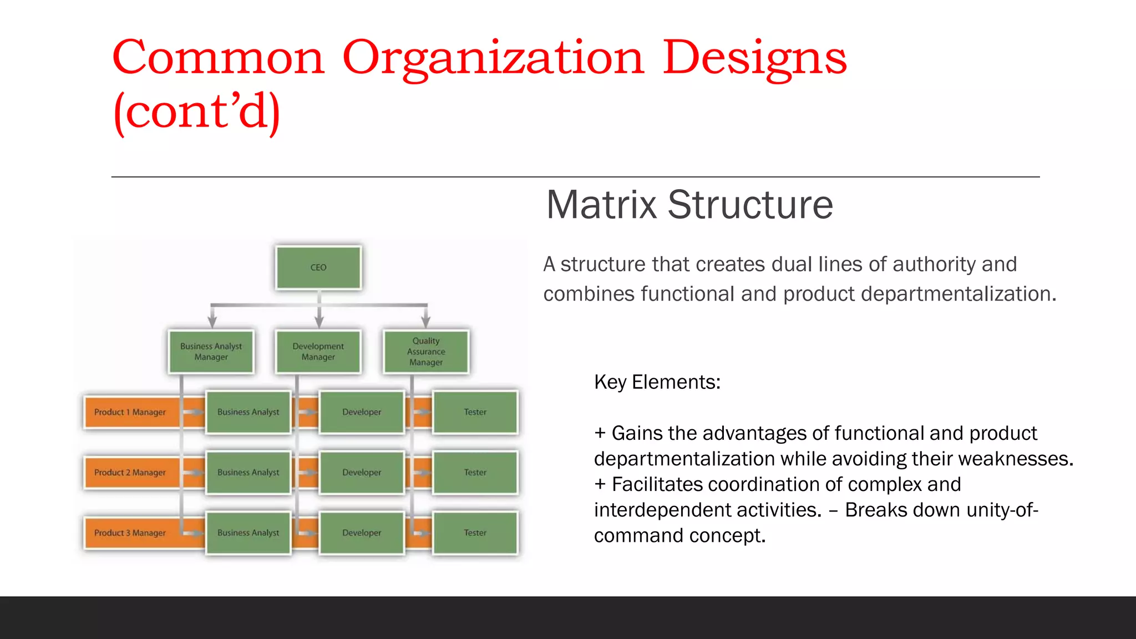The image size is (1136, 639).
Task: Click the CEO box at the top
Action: [x=318, y=267]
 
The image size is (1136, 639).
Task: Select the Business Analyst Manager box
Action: [x=211, y=352]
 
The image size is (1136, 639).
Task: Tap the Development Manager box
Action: [x=318, y=352]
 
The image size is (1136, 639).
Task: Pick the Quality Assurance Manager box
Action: [x=426, y=352]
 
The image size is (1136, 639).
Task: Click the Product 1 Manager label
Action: [x=130, y=412]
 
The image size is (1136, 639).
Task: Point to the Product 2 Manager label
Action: [x=130, y=473]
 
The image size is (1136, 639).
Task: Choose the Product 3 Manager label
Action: [x=130, y=533]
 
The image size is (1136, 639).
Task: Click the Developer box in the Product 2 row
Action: [x=362, y=473]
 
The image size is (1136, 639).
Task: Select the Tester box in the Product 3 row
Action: [x=475, y=533]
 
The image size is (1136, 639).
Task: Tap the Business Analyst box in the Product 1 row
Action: [x=248, y=412]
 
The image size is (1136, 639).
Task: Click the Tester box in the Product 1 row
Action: [x=475, y=412]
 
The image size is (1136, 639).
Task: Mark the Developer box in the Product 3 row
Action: [x=362, y=533]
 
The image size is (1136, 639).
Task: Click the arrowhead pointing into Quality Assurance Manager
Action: [x=426, y=322]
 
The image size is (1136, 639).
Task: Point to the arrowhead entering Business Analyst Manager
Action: [x=212, y=322]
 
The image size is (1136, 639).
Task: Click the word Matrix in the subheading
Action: [x=602, y=205]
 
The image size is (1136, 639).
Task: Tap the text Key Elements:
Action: [x=657, y=382]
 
